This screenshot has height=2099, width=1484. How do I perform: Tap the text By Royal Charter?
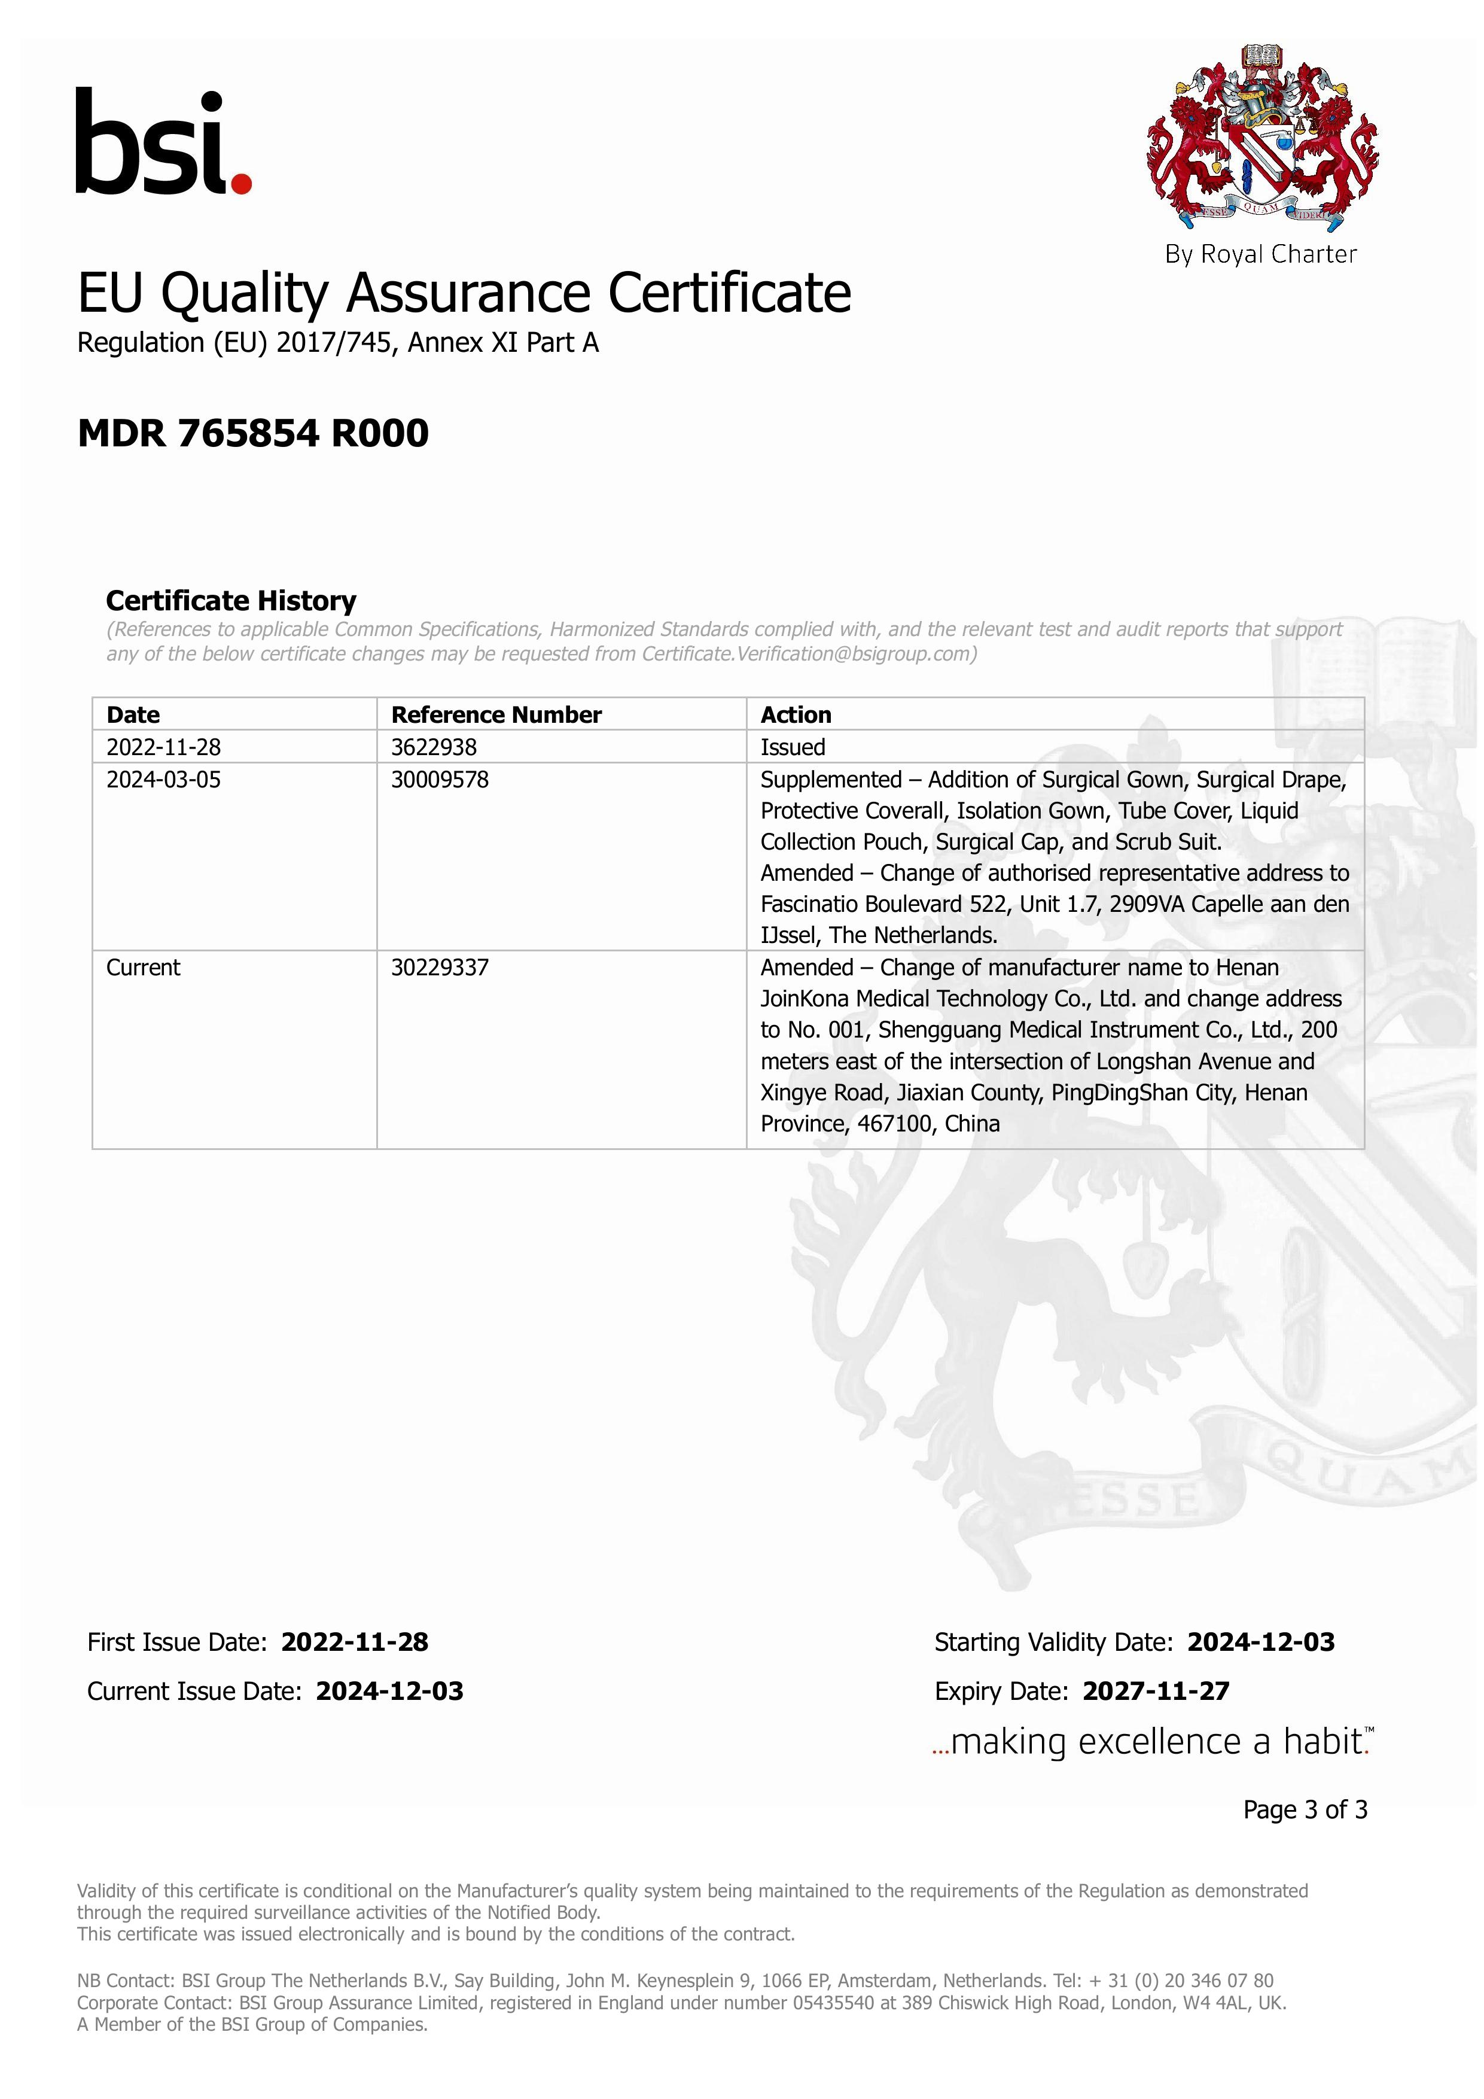(1260, 254)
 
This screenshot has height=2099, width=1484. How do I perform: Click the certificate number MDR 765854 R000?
(253, 433)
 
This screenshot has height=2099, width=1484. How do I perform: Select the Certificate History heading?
(231, 601)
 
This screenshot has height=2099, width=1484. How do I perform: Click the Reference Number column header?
(496, 715)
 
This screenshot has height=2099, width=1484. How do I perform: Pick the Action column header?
(796, 715)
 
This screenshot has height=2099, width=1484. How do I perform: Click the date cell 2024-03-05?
(163, 780)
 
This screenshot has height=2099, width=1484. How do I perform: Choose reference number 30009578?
(440, 780)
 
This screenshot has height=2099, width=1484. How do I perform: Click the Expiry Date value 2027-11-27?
(1156, 1692)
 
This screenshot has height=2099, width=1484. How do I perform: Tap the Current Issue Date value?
(389, 1692)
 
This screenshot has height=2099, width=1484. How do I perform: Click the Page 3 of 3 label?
(1305, 1809)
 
